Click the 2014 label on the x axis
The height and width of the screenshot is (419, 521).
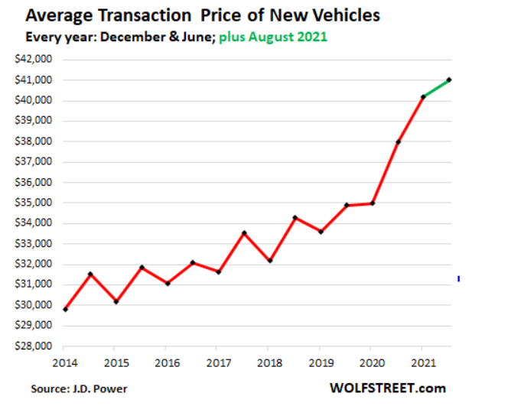point(64,362)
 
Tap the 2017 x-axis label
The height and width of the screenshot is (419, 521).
point(218,362)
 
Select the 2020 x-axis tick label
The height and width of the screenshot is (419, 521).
point(372,362)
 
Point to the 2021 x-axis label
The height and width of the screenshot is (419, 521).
point(423,362)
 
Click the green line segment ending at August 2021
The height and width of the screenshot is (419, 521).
point(436,88)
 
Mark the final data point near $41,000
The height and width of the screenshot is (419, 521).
point(449,80)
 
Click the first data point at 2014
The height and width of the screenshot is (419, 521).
point(64,309)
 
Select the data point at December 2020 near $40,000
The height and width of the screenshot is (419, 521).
point(423,96)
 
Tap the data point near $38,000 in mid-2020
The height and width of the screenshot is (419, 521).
point(398,142)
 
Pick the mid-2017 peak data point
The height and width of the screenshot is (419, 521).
point(244,233)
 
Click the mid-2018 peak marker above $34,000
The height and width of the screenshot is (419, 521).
point(295,218)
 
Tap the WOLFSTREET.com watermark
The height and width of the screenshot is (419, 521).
point(388,388)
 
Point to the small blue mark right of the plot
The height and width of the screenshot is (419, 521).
point(458,279)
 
